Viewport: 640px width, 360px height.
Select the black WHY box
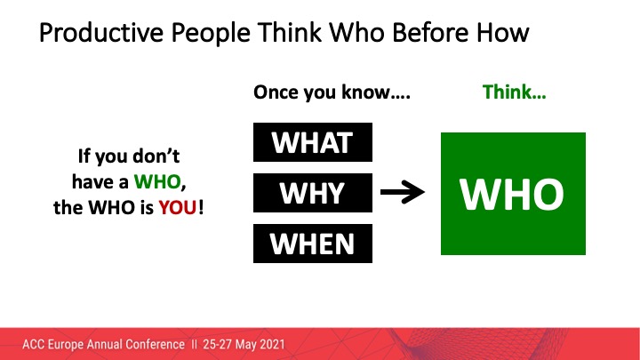click(x=311, y=194)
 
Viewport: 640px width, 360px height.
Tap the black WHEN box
click(x=311, y=243)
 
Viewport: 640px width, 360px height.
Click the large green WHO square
click(x=514, y=194)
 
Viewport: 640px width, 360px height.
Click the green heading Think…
click(x=514, y=92)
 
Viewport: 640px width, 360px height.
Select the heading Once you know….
click(x=332, y=92)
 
